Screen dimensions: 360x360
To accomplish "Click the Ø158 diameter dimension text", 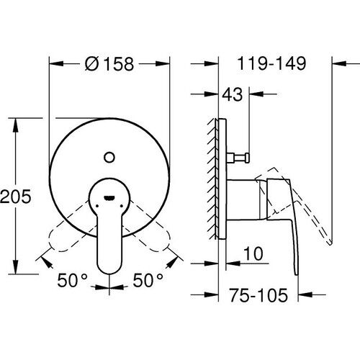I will click(x=109, y=63).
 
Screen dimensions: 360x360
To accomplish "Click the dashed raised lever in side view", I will click(x=310, y=209).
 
